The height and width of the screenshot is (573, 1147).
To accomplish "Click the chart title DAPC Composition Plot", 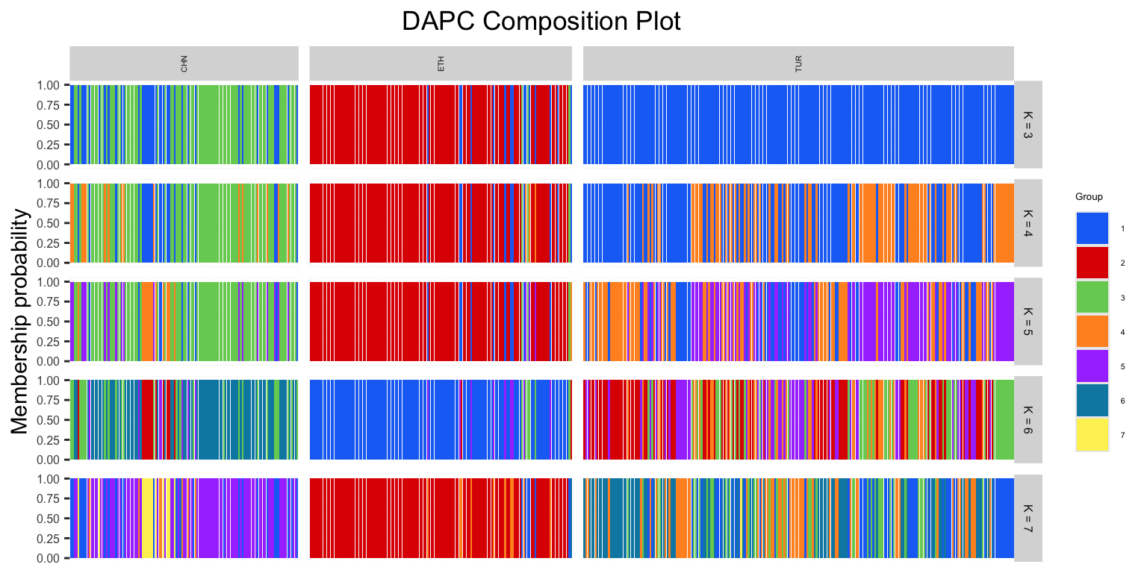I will pyautogui.click(x=541, y=21).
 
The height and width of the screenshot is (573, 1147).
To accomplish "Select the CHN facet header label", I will pyautogui.click(x=184, y=64).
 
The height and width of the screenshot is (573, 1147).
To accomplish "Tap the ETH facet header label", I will pyautogui.click(x=441, y=64).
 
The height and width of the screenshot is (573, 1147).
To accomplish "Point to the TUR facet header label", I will pyautogui.click(x=798, y=64).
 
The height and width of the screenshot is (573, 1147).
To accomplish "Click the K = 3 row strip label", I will pyautogui.click(x=1028, y=125).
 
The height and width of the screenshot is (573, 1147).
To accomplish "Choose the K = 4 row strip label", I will pyautogui.click(x=1028, y=223).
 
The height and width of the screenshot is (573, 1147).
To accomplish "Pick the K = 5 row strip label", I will pyautogui.click(x=1028, y=322).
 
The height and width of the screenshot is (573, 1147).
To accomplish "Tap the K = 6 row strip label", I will pyautogui.click(x=1028, y=420).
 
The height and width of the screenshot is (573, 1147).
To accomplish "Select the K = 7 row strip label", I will pyautogui.click(x=1028, y=519).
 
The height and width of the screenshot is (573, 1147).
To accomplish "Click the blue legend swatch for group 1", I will pyautogui.click(x=1092, y=228).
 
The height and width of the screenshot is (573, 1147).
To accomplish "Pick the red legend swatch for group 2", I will pyautogui.click(x=1092, y=263).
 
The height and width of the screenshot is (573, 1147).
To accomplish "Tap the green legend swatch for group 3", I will pyautogui.click(x=1092, y=297).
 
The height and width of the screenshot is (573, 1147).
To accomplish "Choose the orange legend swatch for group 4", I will pyautogui.click(x=1092, y=331).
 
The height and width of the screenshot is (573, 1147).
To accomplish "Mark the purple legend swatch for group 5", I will pyautogui.click(x=1092, y=366).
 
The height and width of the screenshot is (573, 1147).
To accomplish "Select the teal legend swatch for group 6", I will pyautogui.click(x=1092, y=400).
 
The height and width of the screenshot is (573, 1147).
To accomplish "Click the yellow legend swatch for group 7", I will pyautogui.click(x=1092, y=434).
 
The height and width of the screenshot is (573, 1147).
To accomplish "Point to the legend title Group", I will pyautogui.click(x=1089, y=197).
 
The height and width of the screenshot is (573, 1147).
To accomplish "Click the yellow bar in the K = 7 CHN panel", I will pyautogui.click(x=148, y=519).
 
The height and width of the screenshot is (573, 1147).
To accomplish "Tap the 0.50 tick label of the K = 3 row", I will pyautogui.click(x=51, y=125).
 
